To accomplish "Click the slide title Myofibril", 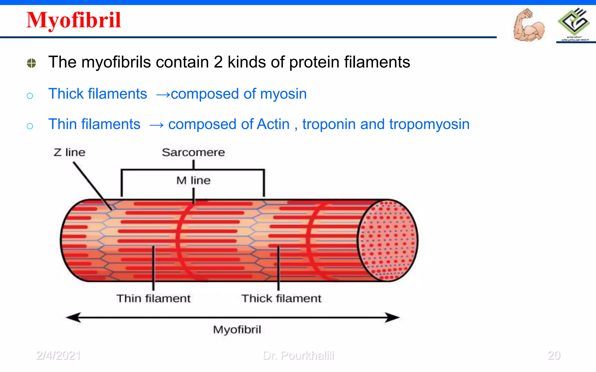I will coord(73,20).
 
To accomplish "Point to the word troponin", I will coord(329,124).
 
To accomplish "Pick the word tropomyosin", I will coord(429,124).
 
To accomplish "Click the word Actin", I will coord(273,124).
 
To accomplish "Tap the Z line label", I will coord(69,152).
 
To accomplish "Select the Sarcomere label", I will coord(193,152).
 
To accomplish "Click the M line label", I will coord(193,180).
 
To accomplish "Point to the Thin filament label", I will coord(153,298).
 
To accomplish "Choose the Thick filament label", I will coord(281,298).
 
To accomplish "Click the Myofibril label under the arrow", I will coord(237,330).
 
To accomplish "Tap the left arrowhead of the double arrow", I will coord(73,317).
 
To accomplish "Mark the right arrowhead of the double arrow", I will coord(393,317).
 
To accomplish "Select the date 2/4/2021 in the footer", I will coord(58,355).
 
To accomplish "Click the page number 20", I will coord(554,355).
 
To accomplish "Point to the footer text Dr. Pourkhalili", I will coord(298,355).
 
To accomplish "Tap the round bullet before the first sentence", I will coord(31,63).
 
